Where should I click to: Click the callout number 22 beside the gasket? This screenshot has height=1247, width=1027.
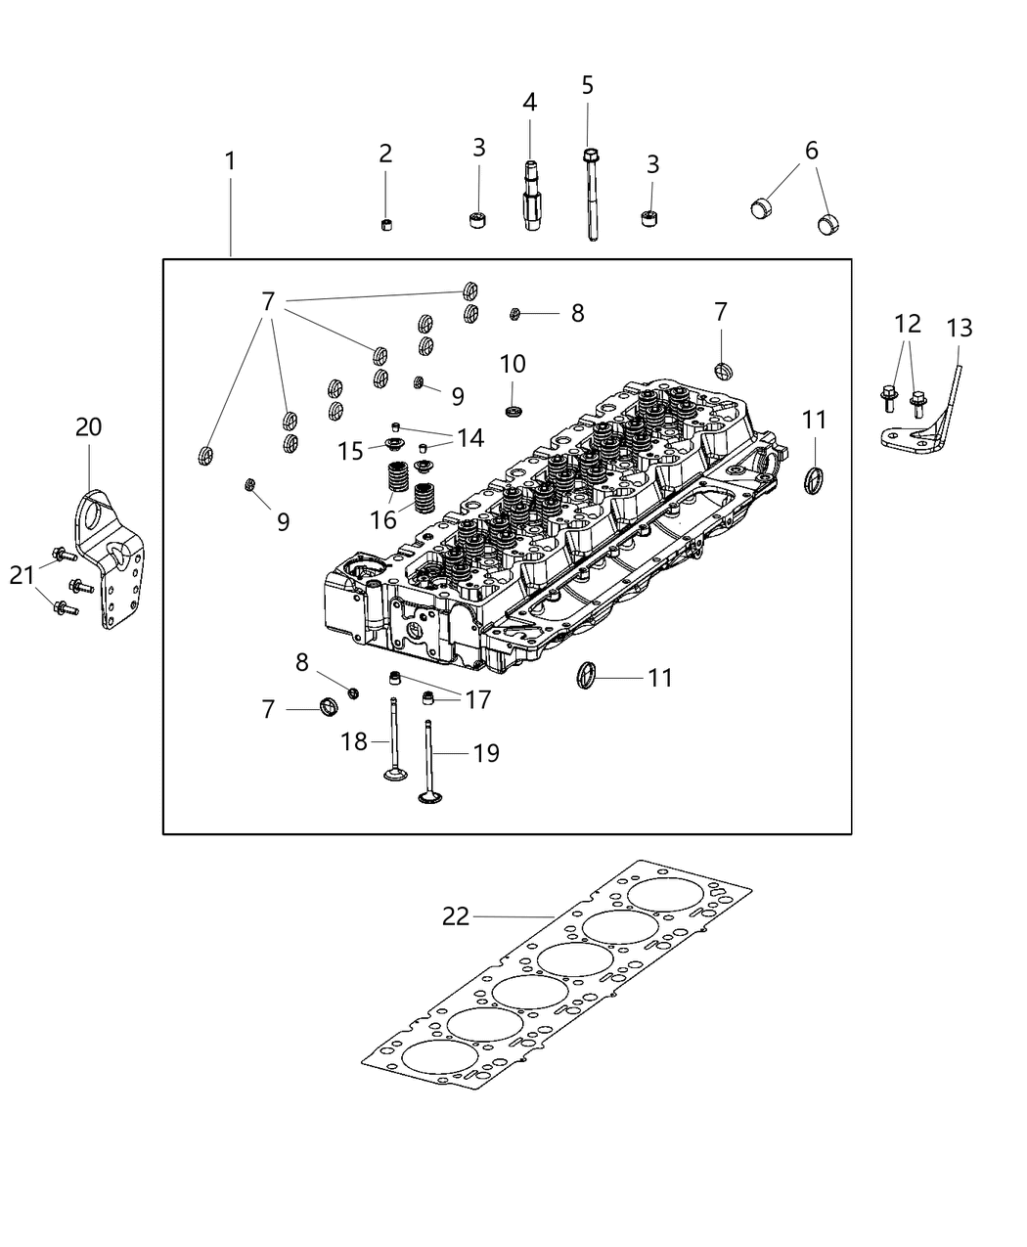point(456,916)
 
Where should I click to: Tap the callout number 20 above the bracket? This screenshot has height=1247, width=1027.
point(88,427)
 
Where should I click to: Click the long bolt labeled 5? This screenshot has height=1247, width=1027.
point(591,196)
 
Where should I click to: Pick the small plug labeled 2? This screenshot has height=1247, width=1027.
point(385,225)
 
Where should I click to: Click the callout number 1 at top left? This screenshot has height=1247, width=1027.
point(230,160)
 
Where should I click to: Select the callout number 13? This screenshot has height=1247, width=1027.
point(960,328)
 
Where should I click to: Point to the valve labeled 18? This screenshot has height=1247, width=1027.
point(394,743)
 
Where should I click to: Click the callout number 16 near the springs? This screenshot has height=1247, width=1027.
point(383,518)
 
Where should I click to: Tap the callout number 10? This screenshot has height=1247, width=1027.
point(513,365)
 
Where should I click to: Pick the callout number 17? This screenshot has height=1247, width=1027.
point(478,700)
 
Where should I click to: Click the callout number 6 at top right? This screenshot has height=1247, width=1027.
point(812,151)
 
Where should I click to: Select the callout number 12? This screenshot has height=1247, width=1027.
point(907,323)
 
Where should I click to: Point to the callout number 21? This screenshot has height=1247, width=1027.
point(22,577)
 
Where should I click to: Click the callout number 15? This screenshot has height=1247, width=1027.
point(350,451)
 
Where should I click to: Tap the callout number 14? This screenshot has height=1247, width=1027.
point(470,438)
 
